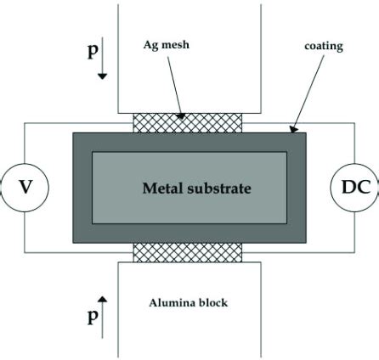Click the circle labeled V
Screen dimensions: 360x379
[x=25, y=188]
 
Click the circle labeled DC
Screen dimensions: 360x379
[x=354, y=188]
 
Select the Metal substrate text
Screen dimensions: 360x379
[x=196, y=188]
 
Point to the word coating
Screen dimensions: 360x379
[x=323, y=46]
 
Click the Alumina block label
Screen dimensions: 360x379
[x=189, y=302]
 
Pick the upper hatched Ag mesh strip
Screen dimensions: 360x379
[x=188, y=123]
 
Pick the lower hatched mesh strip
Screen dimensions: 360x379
[x=188, y=252]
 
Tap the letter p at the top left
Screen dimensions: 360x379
[x=92, y=51]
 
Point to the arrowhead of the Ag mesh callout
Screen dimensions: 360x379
[x=182, y=116]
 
